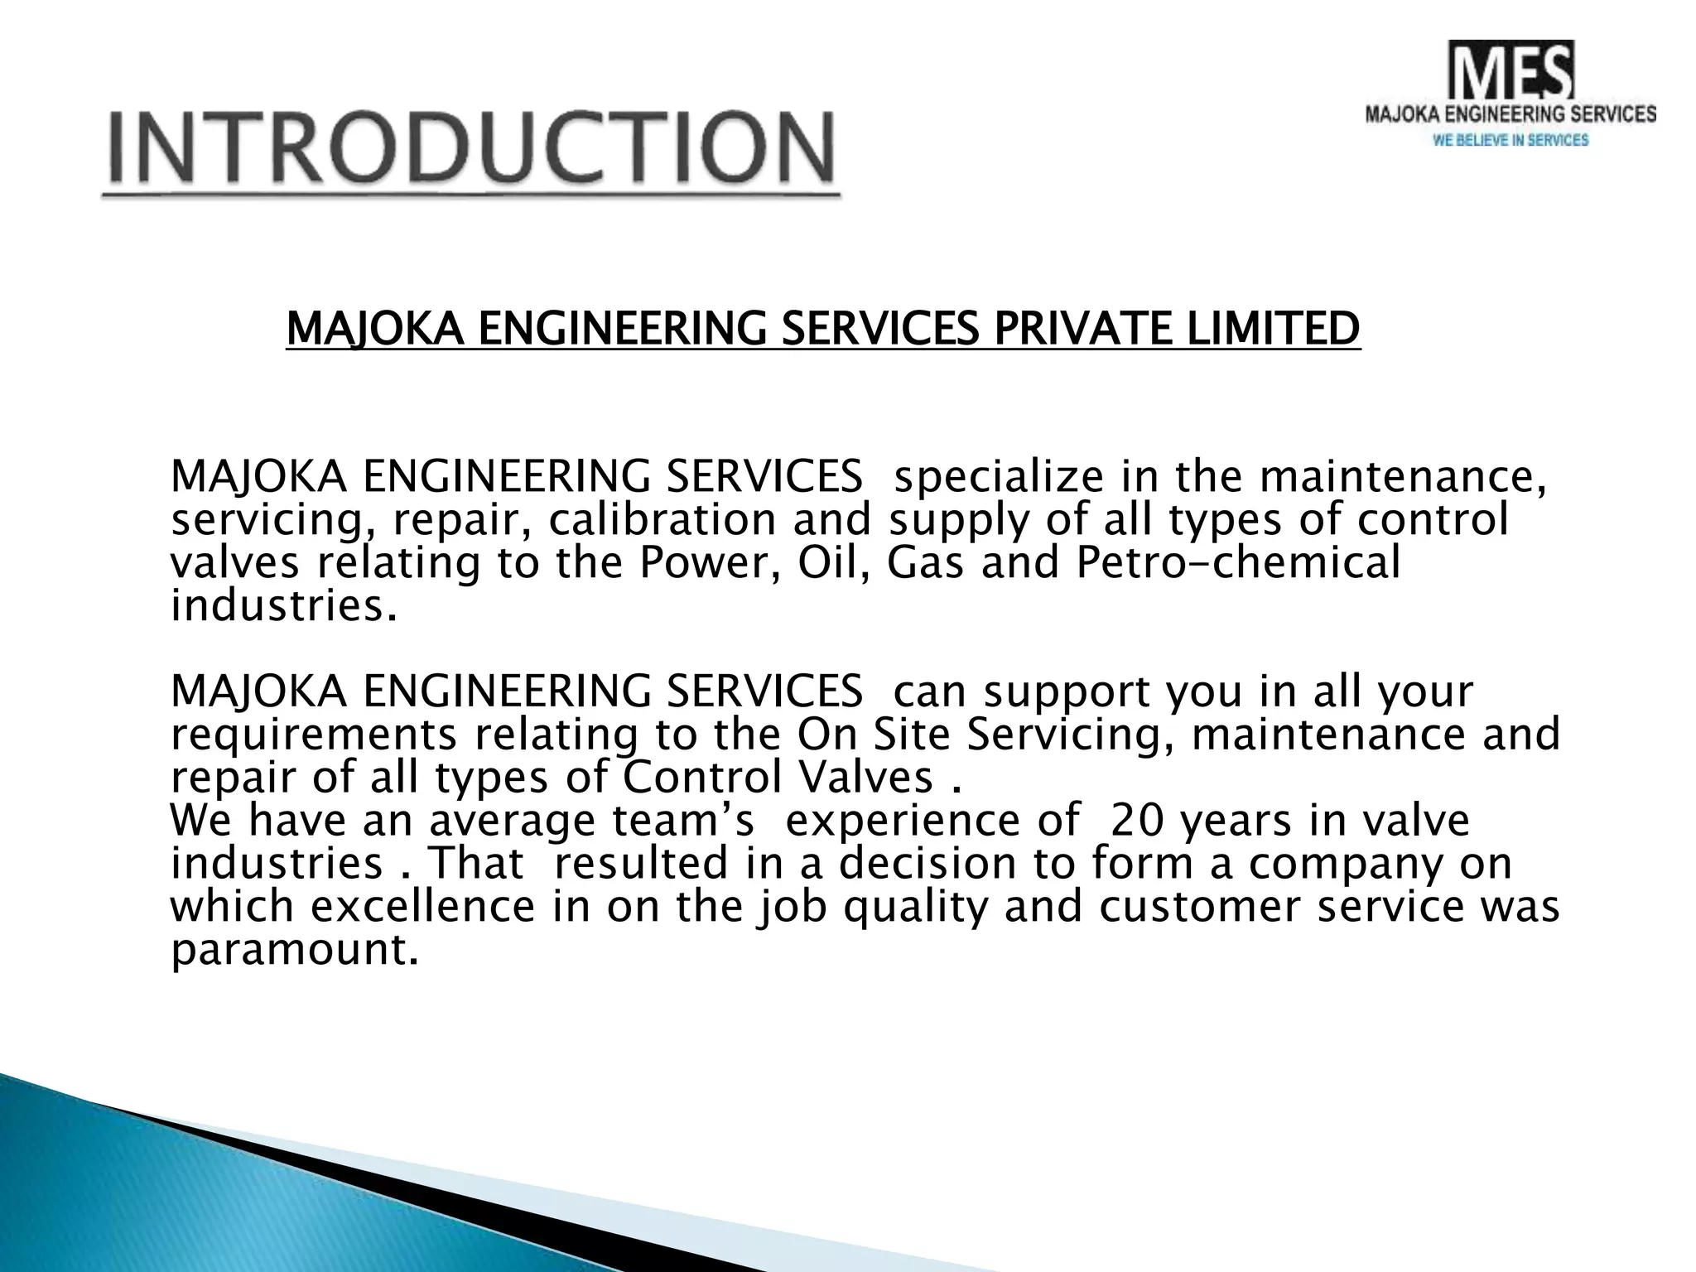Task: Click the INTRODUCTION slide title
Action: pos(470,149)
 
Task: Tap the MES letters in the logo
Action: pos(1510,73)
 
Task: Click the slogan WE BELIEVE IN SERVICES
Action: pos(1510,141)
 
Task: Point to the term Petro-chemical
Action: pos(1239,563)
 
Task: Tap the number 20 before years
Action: pos(1137,821)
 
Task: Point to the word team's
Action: pos(683,821)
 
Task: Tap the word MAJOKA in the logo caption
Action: pos(1399,115)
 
